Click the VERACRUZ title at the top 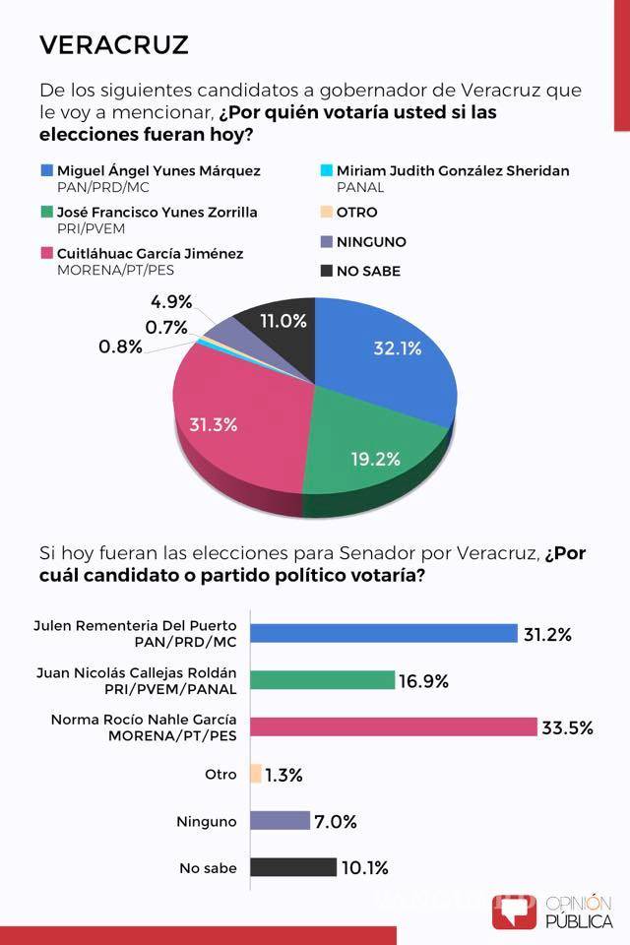[x=113, y=44]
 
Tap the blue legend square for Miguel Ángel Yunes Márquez [x=47, y=171]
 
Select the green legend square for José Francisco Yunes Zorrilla [x=47, y=213]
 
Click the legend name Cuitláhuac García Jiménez [x=151, y=253]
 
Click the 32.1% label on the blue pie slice [x=398, y=347]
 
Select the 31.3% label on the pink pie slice [x=213, y=424]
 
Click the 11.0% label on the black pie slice [x=283, y=321]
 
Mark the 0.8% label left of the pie [x=120, y=346]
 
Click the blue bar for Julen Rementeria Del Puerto [x=384, y=633]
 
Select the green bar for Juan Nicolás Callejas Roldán [x=323, y=680]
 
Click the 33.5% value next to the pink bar [x=567, y=727]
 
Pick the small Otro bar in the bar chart [x=256, y=774]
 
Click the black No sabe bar [x=292, y=867]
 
